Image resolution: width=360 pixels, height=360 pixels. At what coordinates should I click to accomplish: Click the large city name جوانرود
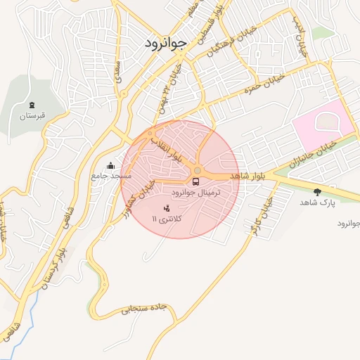pyautogui.click(x=167, y=43)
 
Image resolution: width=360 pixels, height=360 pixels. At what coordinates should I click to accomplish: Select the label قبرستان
pyautogui.click(x=32, y=115)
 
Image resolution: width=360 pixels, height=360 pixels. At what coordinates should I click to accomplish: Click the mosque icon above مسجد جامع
pyautogui.click(x=110, y=166)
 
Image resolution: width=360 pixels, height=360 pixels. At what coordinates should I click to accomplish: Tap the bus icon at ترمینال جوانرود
pyautogui.click(x=195, y=182)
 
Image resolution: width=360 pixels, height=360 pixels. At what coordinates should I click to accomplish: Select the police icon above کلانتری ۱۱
pyautogui.click(x=167, y=209)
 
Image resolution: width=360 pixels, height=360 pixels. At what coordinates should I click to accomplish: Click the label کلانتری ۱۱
pyautogui.click(x=167, y=219)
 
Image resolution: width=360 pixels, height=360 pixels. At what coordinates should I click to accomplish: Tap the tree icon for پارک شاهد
pyautogui.click(x=317, y=191)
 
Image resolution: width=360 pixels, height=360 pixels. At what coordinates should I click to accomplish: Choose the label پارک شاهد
pyautogui.click(x=318, y=202)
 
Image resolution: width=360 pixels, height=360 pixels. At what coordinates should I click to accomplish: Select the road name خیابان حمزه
pyautogui.click(x=264, y=83)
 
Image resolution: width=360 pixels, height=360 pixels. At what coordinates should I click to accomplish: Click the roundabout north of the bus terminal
pyautogui.click(x=198, y=170)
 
